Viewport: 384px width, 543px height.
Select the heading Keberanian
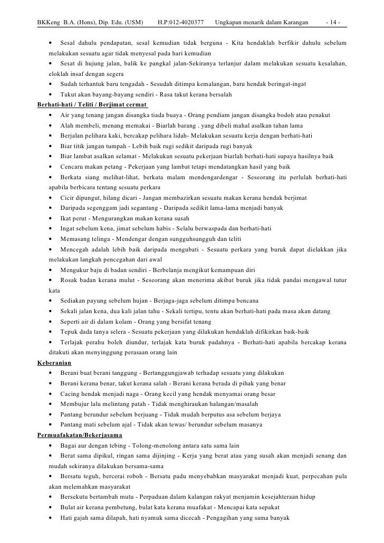click(x=55, y=363)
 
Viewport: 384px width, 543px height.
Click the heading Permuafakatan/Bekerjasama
click(x=79, y=435)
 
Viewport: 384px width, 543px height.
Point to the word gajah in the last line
click(x=85, y=518)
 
